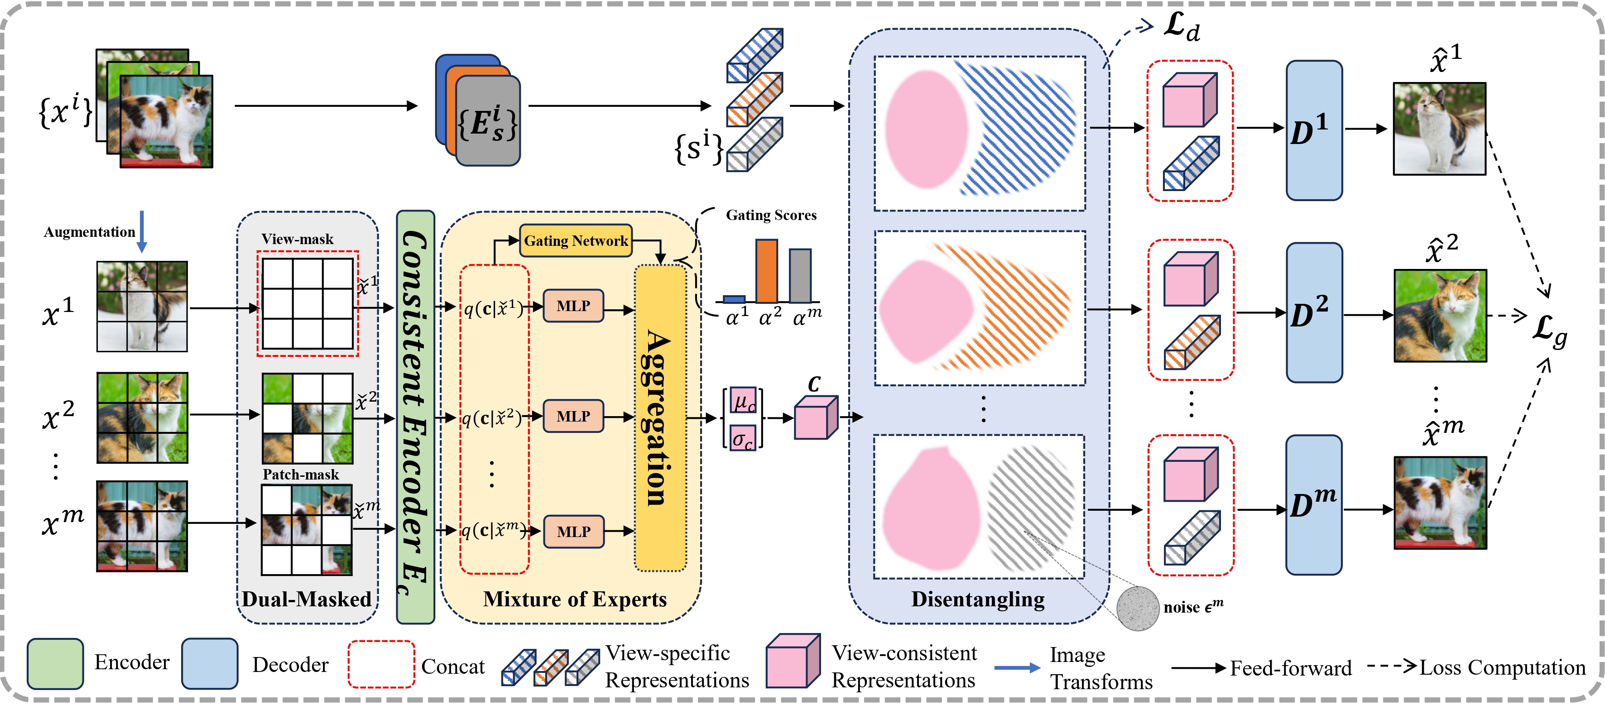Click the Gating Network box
[575, 241]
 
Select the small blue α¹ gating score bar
[734, 299]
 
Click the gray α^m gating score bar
[800, 276]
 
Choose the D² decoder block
[1313, 312]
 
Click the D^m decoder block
[1313, 504]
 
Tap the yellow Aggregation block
[660, 417]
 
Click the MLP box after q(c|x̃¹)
[573, 306]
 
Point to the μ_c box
[743, 400]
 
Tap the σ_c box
[743, 438]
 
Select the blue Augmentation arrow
[142, 231]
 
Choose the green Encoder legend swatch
[55, 664]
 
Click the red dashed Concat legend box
[381, 664]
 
